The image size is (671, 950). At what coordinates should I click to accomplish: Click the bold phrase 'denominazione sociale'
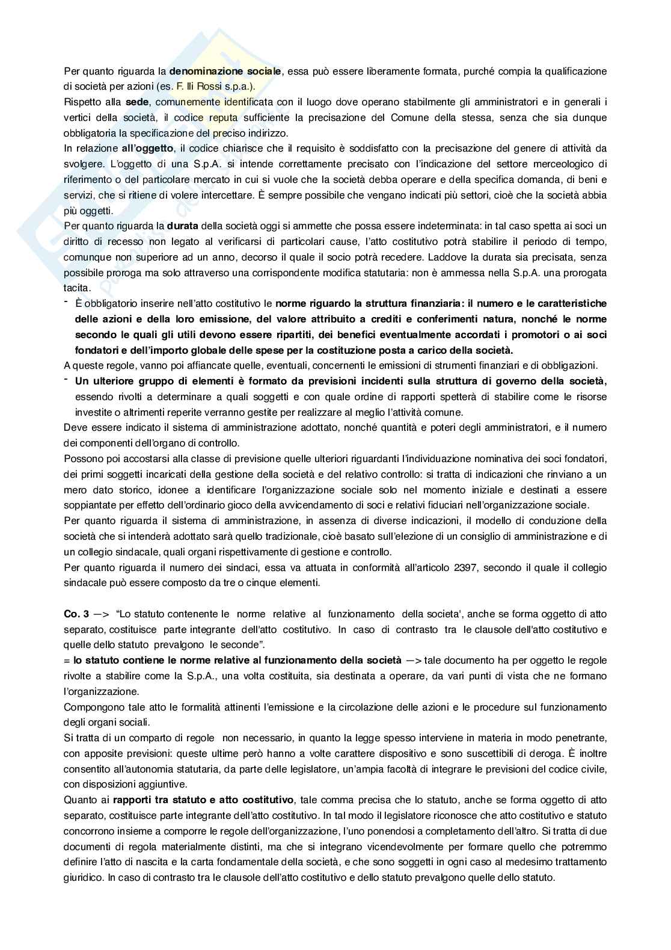(225, 72)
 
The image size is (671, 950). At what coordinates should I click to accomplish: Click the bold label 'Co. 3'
(76, 614)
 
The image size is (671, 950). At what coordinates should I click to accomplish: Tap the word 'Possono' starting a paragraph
(81, 458)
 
